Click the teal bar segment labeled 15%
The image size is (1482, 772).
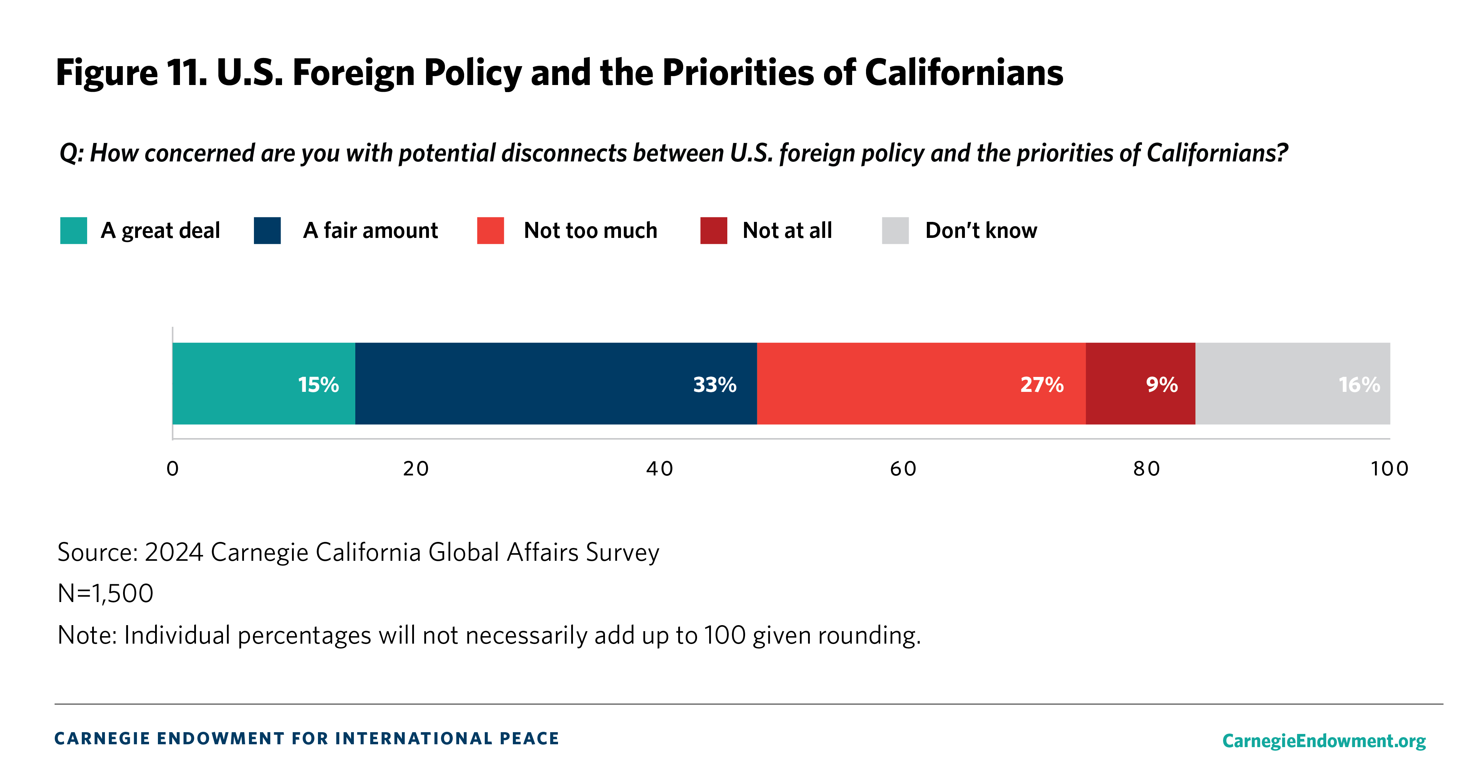tap(264, 384)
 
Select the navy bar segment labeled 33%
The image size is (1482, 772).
tap(556, 384)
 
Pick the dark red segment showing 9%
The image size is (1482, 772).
tap(1140, 384)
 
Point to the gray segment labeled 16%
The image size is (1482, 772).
tap(1292, 384)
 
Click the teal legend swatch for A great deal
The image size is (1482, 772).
tap(74, 231)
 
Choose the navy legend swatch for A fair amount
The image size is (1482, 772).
tap(267, 231)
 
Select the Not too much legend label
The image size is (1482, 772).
tap(590, 231)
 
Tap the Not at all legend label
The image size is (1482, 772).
tap(787, 231)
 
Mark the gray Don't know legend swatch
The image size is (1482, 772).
tap(895, 231)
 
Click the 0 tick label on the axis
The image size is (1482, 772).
tap(172, 469)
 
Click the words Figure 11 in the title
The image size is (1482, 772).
tap(132, 73)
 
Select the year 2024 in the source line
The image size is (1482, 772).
tap(174, 552)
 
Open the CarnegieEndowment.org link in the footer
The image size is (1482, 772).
tap(1324, 740)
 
